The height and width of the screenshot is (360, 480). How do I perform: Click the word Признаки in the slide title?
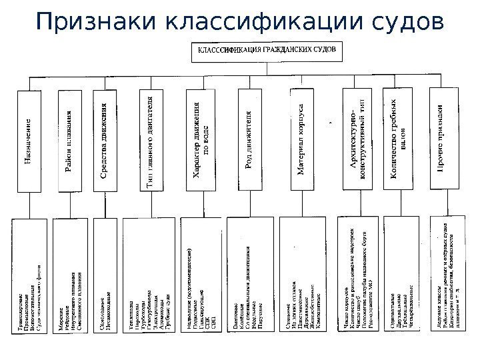(94, 22)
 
